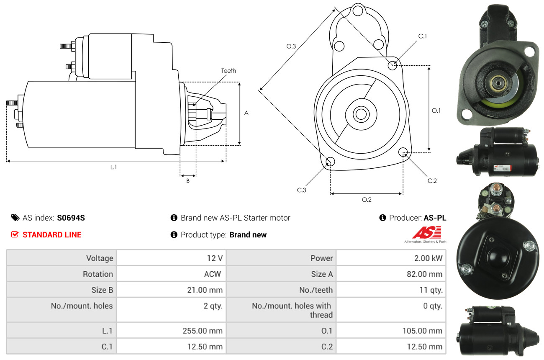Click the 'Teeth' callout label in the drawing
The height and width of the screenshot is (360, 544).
228,71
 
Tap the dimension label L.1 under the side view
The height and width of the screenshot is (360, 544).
113,167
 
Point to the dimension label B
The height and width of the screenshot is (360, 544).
188,181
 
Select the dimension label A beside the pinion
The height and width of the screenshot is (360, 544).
246,113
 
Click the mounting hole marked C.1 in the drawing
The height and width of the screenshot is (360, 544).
393,65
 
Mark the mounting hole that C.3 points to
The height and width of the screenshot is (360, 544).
330,162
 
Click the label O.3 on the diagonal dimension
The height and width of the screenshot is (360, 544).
291,46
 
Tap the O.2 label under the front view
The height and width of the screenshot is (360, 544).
367,200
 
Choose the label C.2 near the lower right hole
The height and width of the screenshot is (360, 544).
432,181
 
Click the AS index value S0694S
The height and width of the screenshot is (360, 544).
71,218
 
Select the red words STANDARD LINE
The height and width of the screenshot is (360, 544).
52,235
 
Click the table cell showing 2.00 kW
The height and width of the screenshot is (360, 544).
428,258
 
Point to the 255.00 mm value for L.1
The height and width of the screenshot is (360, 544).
202,331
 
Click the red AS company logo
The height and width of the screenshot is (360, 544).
426,233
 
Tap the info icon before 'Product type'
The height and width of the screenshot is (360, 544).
174,235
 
